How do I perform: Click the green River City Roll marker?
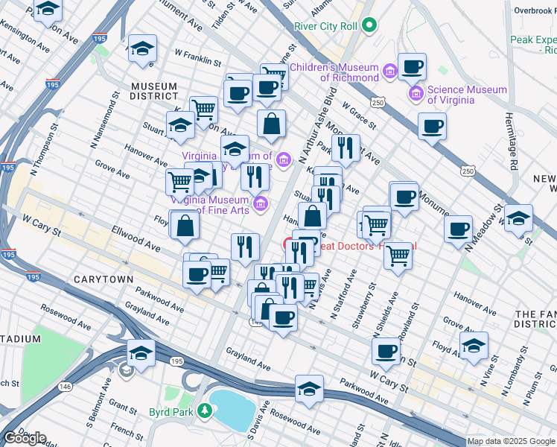[368, 26]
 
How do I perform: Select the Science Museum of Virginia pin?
[416, 95]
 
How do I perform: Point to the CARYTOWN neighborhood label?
[103, 279]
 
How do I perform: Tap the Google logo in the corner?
[24, 438]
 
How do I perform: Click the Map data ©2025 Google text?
[511, 441]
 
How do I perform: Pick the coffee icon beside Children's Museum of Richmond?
[412, 67]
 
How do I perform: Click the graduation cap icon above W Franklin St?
[141, 48]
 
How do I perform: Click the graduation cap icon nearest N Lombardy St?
[474, 346]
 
